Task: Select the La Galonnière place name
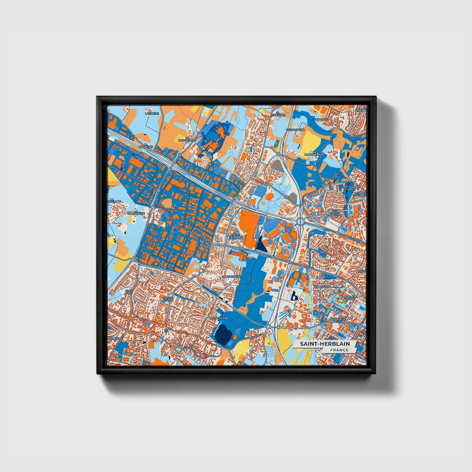pyautogui.click(x=138, y=213)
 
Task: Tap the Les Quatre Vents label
pyautogui.click(x=351, y=188)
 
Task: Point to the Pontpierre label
pyautogui.click(x=219, y=317)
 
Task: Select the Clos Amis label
pyautogui.click(x=129, y=292)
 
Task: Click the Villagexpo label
pyautogui.click(x=322, y=286)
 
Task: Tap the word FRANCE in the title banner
pyautogui.click(x=339, y=350)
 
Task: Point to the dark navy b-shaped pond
pyautogui.click(x=294, y=296)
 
